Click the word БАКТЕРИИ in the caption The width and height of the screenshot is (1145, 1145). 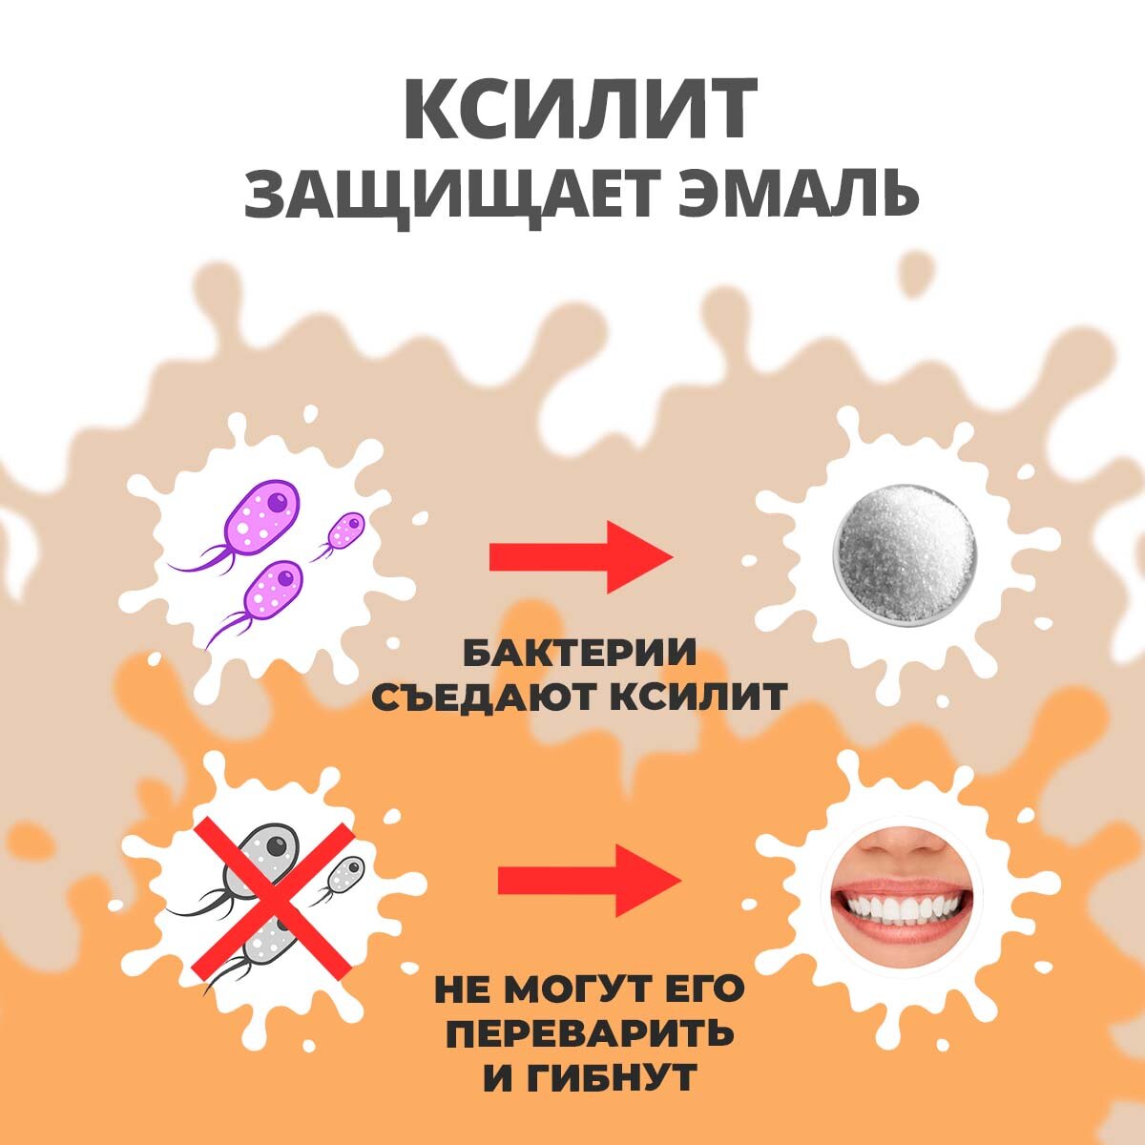click(x=579, y=655)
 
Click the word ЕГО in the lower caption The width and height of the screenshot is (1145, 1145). click(x=701, y=989)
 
